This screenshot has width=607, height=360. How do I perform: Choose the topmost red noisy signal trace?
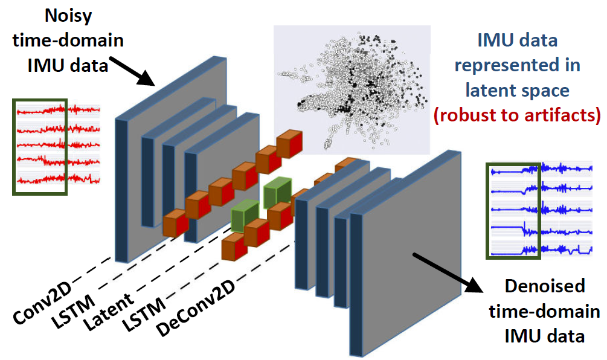pyautogui.click(x=58, y=110)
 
